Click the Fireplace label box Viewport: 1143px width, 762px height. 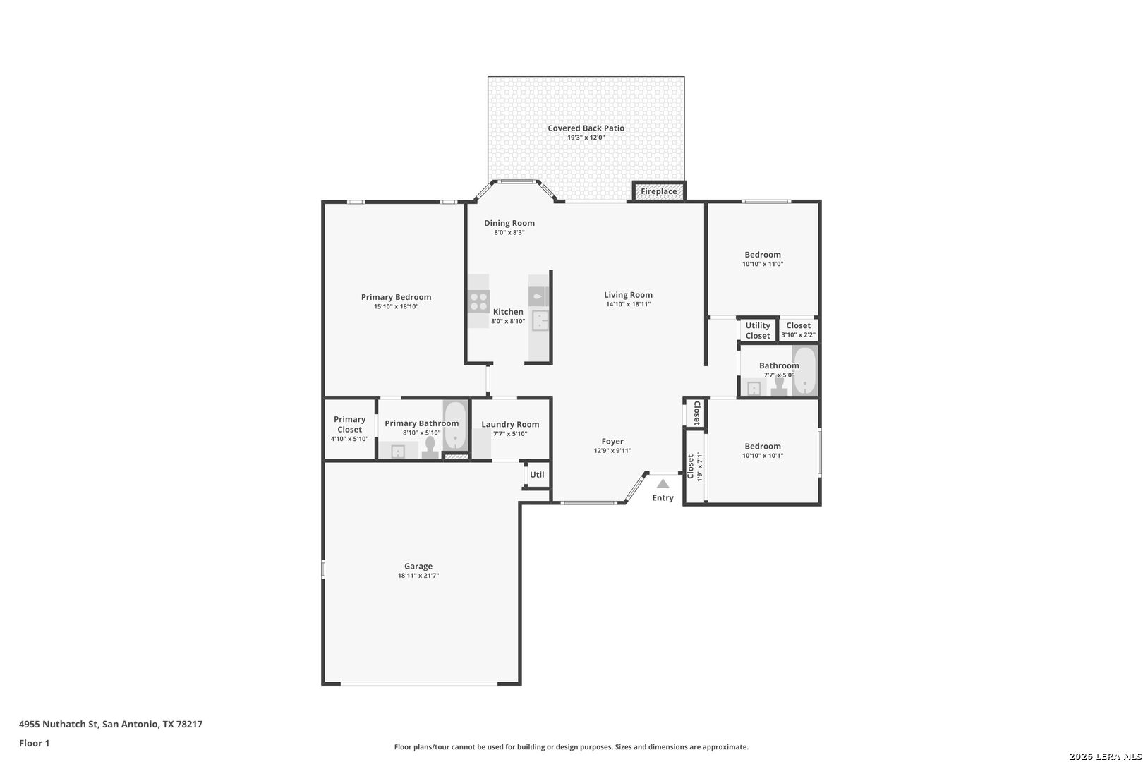coord(659,191)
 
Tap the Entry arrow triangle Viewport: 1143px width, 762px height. coord(663,484)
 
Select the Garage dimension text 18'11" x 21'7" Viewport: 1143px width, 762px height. coord(418,576)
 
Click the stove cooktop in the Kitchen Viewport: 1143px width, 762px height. coord(478,301)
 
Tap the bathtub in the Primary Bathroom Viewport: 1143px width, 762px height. coord(454,425)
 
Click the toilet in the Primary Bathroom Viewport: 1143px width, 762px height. coord(430,447)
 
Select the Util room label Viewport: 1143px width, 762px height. coord(537,475)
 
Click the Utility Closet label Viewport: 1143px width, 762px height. coord(758,330)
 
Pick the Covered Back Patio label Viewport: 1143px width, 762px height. coord(586,128)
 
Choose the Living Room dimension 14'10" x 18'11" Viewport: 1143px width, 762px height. coord(628,304)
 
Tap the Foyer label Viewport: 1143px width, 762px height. coord(612,442)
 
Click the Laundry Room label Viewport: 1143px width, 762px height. coord(510,424)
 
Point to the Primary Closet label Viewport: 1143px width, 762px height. coord(349,424)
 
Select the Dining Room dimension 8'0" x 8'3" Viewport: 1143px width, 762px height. coord(509,233)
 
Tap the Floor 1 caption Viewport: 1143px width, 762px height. coord(34,743)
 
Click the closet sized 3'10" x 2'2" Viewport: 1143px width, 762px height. coord(799,329)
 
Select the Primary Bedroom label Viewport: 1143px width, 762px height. coord(396,297)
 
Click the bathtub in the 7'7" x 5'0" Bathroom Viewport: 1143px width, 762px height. coord(805,370)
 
